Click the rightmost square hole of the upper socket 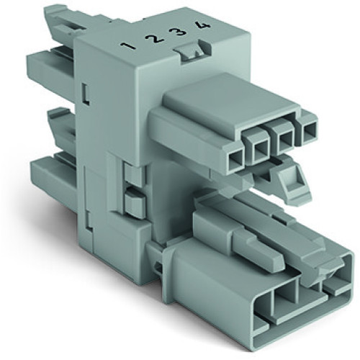(x=307, y=132)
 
